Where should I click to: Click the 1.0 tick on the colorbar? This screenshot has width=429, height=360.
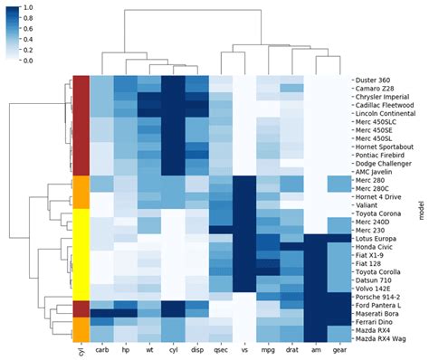click(x=28, y=6)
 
